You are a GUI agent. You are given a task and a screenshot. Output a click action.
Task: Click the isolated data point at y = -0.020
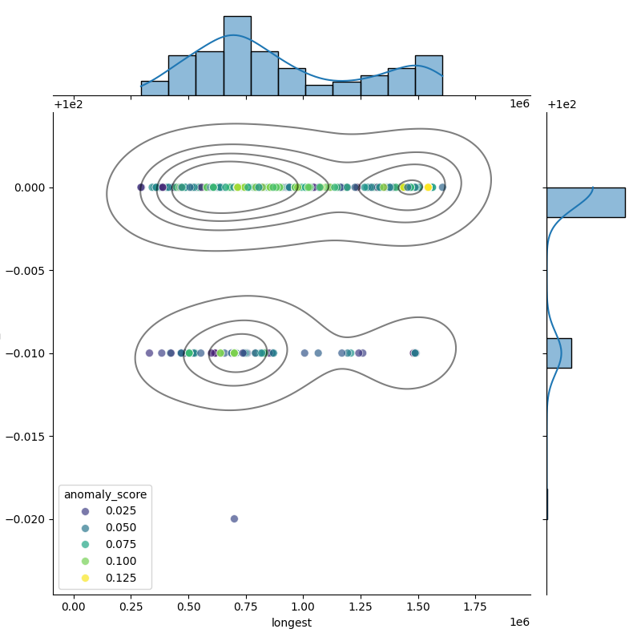(234, 518)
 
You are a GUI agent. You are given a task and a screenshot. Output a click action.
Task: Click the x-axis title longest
(292, 623)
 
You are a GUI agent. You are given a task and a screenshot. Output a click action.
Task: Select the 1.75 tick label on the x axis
(475, 608)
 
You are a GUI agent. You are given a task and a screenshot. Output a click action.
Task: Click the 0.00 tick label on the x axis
(74, 608)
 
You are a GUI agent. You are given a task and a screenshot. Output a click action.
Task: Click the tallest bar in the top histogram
(237, 56)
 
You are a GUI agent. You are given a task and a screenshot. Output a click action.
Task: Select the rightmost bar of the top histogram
(429, 75)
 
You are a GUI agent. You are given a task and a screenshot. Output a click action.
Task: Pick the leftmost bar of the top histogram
(155, 88)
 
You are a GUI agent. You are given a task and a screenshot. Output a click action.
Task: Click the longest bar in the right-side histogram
(586, 202)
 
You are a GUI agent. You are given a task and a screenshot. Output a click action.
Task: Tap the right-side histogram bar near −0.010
(558, 353)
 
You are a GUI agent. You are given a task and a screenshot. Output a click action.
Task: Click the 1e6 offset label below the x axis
(519, 623)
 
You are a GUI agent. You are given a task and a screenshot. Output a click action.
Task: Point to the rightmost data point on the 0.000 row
(442, 187)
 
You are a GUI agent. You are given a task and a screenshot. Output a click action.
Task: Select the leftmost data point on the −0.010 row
(149, 353)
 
